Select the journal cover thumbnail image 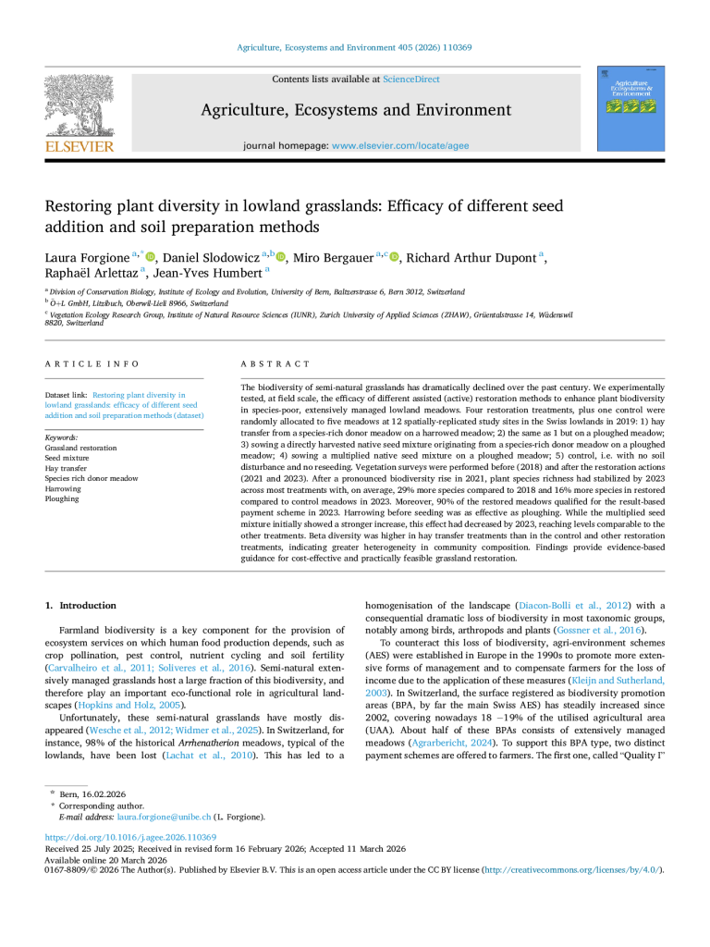pos(631,108)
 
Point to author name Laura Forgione pos(87,257)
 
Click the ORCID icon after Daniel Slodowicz pos(278,257)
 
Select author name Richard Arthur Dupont pos(471,257)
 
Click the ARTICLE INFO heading pos(92,364)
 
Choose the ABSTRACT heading pos(275,364)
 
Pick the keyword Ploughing pos(63,498)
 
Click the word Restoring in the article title pos(80,206)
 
